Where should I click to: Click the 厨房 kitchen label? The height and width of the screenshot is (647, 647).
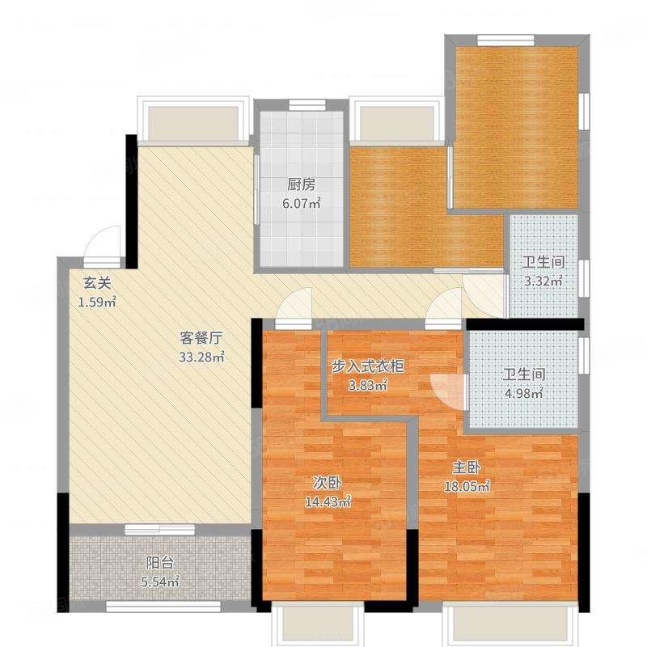tap(301, 185)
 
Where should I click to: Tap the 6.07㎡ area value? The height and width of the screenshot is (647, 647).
tap(301, 204)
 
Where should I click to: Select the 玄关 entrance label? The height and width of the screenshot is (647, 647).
tap(97, 283)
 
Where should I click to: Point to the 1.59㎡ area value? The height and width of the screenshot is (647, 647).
tap(97, 302)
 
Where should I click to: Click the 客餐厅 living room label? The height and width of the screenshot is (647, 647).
tap(201, 338)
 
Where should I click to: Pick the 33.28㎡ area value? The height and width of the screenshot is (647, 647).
tap(201, 357)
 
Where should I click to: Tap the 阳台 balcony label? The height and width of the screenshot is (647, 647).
tap(160, 563)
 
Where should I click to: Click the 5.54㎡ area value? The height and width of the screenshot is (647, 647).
tap(160, 581)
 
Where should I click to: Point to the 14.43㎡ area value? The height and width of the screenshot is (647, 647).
tap(328, 501)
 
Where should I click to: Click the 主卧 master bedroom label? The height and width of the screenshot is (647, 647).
tap(467, 467)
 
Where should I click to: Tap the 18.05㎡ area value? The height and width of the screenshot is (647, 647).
tap(467, 487)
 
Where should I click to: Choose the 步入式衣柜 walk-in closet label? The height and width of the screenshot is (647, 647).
tap(368, 366)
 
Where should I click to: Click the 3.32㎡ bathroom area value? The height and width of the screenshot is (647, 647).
tap(543, 281)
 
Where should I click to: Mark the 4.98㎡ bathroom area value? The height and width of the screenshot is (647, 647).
tap(524, 393)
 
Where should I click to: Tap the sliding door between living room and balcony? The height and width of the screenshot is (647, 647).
tap(159, 530)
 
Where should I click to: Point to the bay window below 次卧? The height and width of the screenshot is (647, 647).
tap(318, 623)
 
